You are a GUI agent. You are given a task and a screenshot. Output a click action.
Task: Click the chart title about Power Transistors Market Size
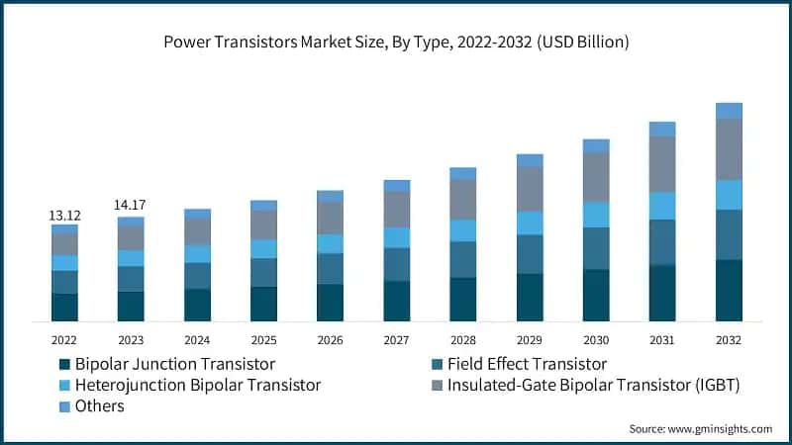tap(396, 43)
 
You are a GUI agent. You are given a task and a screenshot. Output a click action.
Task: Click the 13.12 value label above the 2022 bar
tap(64, 216)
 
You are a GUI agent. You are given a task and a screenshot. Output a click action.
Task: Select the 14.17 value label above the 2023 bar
tap(131, 206)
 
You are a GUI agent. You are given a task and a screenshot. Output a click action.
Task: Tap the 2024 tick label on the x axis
tap(197, 338)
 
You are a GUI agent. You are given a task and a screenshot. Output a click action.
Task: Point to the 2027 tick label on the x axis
tap(396, 338)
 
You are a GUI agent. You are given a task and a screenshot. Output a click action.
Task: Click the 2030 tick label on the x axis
tap(596, 338)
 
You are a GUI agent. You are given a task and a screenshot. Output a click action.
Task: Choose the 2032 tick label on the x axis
tap(729, 338)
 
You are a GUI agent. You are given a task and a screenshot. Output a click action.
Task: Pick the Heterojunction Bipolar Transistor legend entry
tap(189, 385)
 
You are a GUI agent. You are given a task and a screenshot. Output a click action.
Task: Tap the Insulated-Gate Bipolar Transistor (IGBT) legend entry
tap(583, 385)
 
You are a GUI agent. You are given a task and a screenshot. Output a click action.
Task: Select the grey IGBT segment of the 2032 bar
tap(729, 149)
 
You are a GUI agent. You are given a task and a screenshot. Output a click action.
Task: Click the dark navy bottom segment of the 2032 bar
tap(729, 291)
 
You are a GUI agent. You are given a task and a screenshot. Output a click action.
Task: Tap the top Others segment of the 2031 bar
tap(662, 129)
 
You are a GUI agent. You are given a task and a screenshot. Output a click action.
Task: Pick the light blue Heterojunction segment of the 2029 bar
tap(530, 222)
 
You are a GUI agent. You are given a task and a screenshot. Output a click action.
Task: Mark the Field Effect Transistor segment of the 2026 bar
tap(330, 268)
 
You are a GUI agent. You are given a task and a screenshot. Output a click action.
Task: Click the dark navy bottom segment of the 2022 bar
tap(64, 308)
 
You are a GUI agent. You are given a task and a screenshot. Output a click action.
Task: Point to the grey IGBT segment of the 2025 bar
tap(263, 224)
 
